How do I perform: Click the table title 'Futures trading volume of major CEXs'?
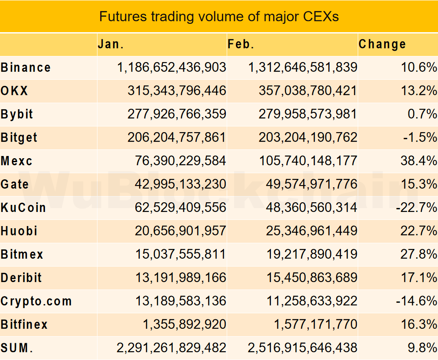pos(219,16)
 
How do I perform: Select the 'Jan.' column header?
pos(111,44)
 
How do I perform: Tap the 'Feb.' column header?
pos(241,44)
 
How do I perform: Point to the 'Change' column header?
pos(382,44)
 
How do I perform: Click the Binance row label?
pos(26,67)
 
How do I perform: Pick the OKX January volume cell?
pos(176,91)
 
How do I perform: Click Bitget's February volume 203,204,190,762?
pos(307,137)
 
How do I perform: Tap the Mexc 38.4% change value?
pos(419,161)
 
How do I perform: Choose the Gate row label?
pos(15,184)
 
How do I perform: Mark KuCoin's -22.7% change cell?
pos(416,208)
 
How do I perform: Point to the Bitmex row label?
pos(22,254)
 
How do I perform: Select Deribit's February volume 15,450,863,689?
pos(311,278)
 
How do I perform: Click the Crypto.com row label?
pos(36,301)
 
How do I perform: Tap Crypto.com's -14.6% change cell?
pos(416,301)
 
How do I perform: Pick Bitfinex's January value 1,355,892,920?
pos(184,325)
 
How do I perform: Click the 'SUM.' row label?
pos(17,348)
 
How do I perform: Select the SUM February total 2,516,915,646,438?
pos(303,348)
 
